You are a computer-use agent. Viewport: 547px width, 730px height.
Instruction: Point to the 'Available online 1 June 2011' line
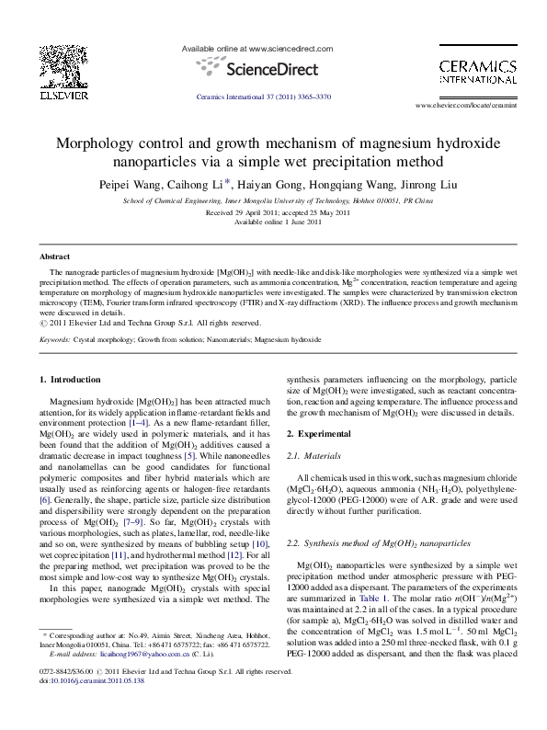click(273, 222)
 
